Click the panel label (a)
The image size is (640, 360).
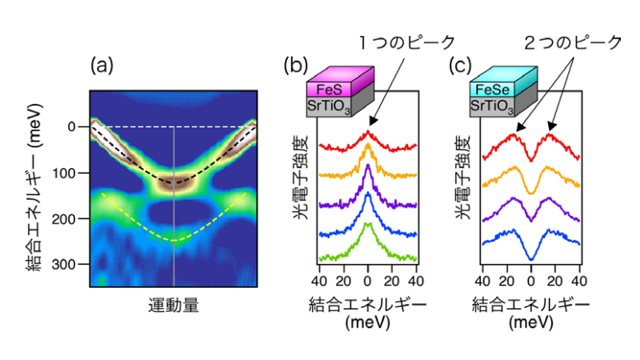click(102, 63)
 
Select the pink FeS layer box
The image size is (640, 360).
click(338, 90)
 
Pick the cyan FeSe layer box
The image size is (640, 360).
click(501, 90)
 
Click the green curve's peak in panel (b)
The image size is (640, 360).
click(367, 225)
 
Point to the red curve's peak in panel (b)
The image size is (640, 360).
click(367, 132)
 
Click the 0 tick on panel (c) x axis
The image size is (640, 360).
click(530, 282)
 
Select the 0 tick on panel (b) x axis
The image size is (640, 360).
click(367, 282)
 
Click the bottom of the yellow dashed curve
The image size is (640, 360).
click(174, 240)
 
